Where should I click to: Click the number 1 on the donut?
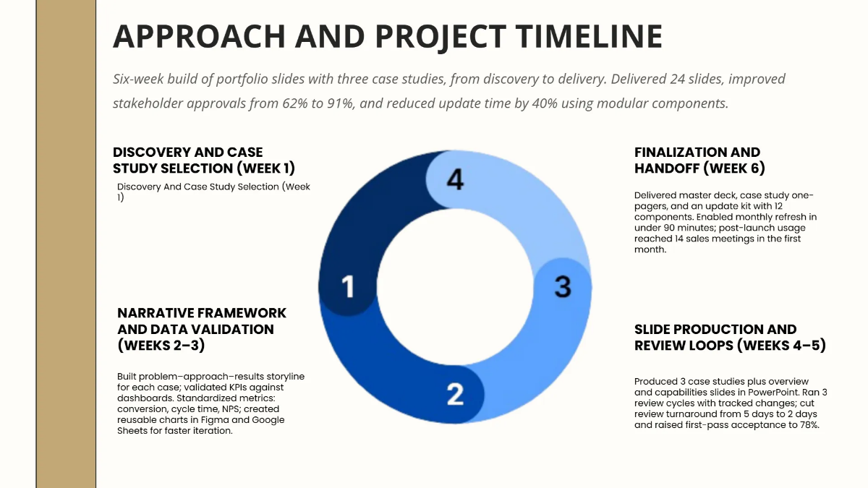(348, 286)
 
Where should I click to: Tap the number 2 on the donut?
(454, 394)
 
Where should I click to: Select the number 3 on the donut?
(563, 286)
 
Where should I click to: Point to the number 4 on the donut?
(454, 179)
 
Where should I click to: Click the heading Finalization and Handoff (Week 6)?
(699, 160)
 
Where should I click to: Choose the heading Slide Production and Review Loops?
(729, 337)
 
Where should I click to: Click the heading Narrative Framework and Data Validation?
(202, 328)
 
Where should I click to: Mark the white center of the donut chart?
(454, 286)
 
